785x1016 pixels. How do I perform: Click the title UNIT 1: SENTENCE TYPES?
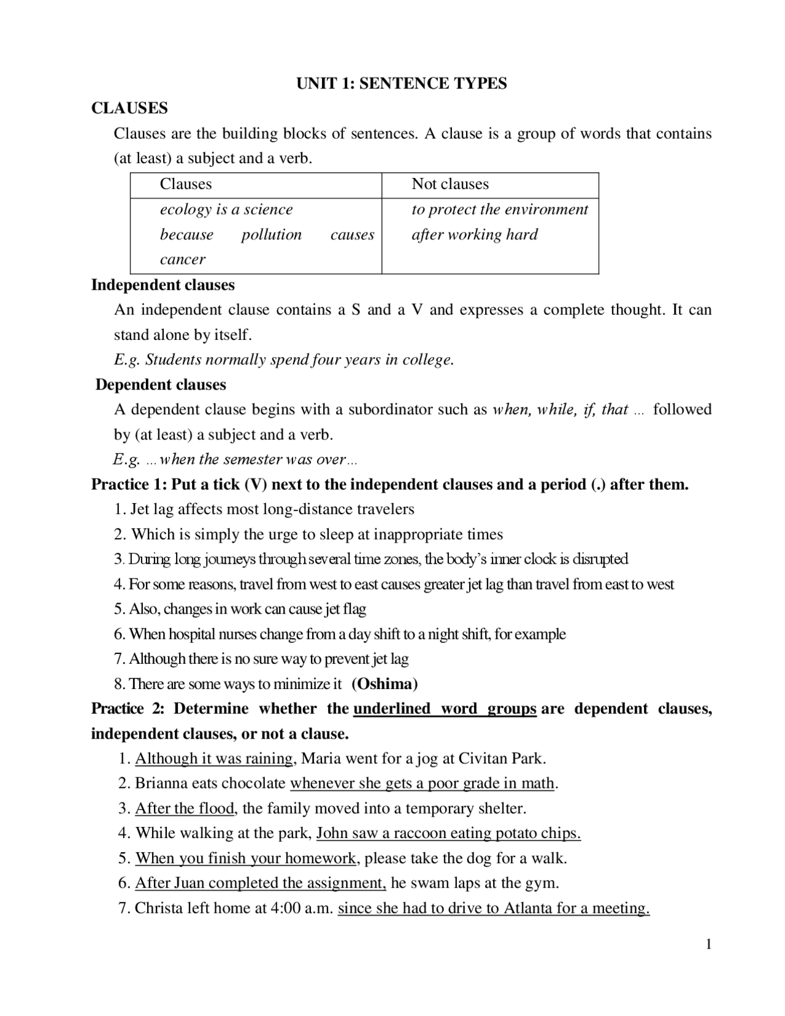pyautogui.click(x=402, y=83)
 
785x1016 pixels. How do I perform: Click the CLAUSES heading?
pyautogui.click(x=129, y=109)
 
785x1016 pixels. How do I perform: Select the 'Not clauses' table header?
pyautogui.click(x=450, y=184)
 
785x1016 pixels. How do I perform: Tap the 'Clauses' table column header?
pyautogui.click(x=186, y=184)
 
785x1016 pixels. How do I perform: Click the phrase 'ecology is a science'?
pyautogui.click(x=226, y=210)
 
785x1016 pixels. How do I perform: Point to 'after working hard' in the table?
pyautogui.click(x=475, y=234)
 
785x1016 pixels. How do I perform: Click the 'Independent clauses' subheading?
pyautogui.click(x=163, y=285)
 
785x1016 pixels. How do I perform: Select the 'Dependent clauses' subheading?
pyautogui.click(x=161, y=385)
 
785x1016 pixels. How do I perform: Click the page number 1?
pyautogui.click(x=708, y=944)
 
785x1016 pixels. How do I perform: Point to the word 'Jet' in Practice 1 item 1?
pyautogui.click(x=140, y=509)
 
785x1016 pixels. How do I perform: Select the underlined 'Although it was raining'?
pyautogui.click(x=214, y=759)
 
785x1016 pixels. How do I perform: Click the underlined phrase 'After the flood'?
pyautogui.click(x=185, y=809)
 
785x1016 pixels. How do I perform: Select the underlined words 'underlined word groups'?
pyautogui.click(x=445, y=709)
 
